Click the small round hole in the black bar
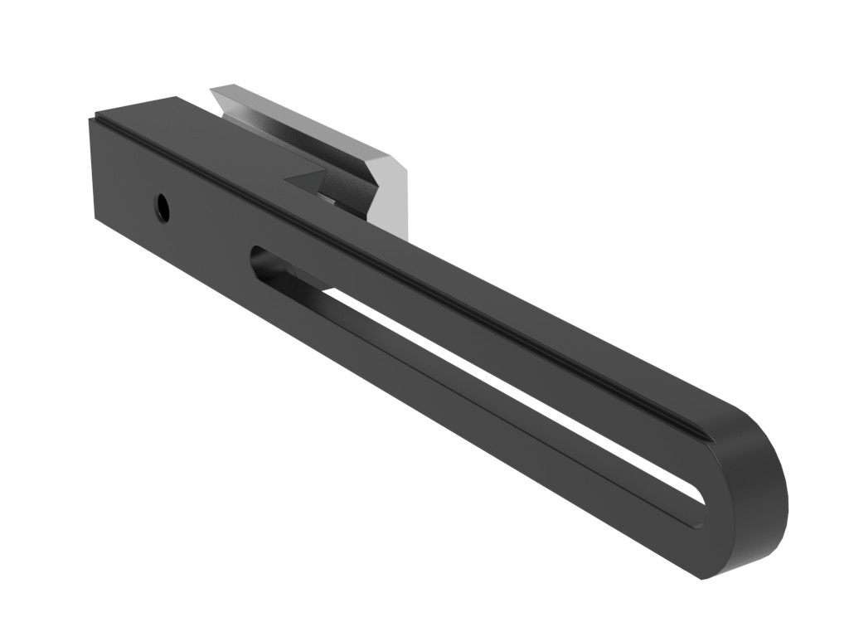[x=163, y=207]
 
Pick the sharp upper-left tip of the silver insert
[x=213, y=87]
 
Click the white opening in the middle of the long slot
[x=497, y=373]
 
